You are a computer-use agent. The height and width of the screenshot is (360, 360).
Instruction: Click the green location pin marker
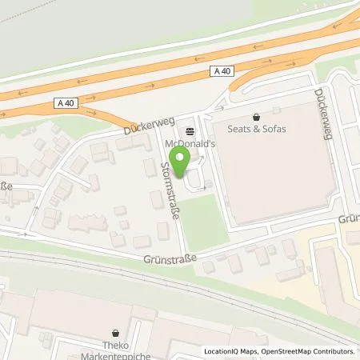(x=181, y=165)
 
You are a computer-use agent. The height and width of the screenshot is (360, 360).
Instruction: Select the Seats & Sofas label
(x=257, y=130)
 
